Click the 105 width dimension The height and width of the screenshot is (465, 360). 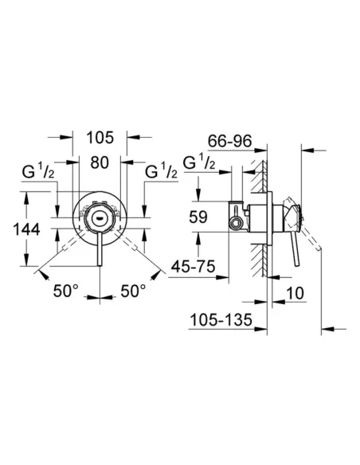100,138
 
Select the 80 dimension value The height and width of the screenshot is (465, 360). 100,162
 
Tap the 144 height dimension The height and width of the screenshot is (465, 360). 27,229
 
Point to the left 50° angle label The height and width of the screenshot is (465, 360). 66,291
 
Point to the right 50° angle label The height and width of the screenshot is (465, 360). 133,291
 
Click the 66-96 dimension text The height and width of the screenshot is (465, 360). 230,141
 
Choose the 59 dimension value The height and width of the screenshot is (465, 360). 198,217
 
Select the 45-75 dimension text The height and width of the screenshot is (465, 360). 193,266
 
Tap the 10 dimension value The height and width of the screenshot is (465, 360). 295,293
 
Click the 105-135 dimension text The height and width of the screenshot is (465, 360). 221,320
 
